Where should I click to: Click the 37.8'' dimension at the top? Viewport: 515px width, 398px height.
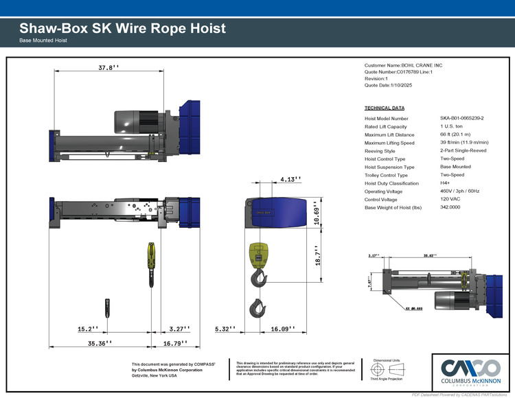[x=108, y=68]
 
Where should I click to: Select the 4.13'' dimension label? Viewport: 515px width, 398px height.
[x=290, y=179]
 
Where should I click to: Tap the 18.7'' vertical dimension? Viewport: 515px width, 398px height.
[x=317, y=262]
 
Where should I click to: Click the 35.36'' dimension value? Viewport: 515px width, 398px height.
[x=96, y=342]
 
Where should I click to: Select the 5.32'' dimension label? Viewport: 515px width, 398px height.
[x=225, y=329]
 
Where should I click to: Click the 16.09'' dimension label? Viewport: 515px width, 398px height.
[x=283, y=329]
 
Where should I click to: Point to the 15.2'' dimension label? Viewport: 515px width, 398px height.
[x=88, y=329]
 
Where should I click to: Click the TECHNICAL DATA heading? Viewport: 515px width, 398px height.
[x=385, y=108]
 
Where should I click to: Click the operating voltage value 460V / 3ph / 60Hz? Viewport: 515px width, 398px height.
[x=460, y=191]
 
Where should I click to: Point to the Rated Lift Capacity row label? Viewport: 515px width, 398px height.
[x=386, y=127]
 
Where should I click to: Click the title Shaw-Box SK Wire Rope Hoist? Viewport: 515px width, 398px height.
[x=122, y=29]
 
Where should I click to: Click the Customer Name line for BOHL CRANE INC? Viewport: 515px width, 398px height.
[x=404, y=65]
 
